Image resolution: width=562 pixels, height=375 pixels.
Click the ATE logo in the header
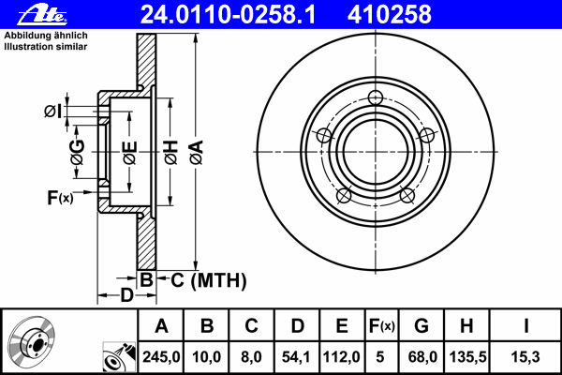[x=42, y=15]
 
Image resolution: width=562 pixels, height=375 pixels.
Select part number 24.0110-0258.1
[x=229, y=15]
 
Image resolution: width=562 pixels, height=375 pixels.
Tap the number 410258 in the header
[x=390, y=15]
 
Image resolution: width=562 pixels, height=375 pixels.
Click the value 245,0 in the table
[x=161, y=357]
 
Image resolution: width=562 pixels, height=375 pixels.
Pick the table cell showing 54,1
[x=296, y=357]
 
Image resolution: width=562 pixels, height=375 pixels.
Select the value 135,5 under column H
[x=467, y=357]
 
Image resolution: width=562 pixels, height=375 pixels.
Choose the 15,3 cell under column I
[x=525, y=357]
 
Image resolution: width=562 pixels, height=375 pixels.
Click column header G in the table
[x=421, y=326]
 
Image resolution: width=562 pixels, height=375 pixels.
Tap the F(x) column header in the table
[x=382, y=326]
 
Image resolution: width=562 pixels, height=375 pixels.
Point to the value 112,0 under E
[x=341, y=357]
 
